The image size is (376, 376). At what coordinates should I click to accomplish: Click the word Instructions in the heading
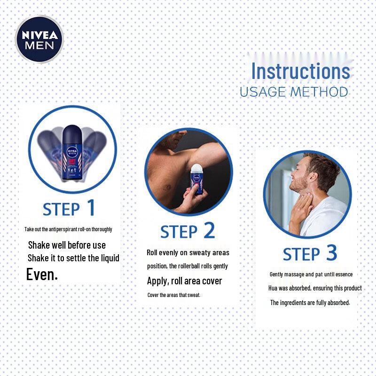pos(300,71)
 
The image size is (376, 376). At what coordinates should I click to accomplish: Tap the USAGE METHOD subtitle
pos(294,92)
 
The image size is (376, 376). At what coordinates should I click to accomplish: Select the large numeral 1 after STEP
pos(90,208)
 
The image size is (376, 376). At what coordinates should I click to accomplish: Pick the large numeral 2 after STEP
pos(209,231)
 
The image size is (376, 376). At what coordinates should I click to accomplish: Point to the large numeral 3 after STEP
pos(331,253)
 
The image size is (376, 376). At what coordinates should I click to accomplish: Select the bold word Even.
pos(42,274)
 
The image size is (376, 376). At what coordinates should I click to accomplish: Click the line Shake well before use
pos(67,245)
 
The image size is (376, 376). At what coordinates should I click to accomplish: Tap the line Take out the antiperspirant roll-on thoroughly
pos(68,229)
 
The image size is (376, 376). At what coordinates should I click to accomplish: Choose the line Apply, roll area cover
pos(184,281)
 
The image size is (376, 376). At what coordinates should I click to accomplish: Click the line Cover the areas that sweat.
pos(174,295)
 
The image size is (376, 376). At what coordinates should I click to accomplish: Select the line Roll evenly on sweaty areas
pos(188,252)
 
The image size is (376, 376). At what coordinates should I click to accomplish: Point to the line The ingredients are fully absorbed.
pos(310,303)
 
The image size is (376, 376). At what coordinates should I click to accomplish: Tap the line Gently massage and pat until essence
pos(311,274)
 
